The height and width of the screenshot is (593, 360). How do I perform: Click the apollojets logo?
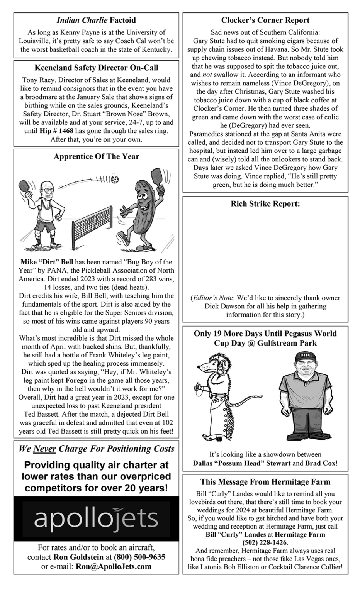point(96,519)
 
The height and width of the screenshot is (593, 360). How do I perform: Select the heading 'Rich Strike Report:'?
point(265,204)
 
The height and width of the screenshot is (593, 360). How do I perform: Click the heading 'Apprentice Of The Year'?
point(96,156)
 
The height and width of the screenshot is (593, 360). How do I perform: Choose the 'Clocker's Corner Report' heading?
point(265,20)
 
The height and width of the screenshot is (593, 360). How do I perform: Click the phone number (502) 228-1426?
point(265,543)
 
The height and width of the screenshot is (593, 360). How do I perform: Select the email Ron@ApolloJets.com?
point(114,566)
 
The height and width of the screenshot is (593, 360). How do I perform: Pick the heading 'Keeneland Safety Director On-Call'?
point(96,68)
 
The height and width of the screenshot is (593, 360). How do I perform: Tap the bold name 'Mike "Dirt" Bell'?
point(46,262)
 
